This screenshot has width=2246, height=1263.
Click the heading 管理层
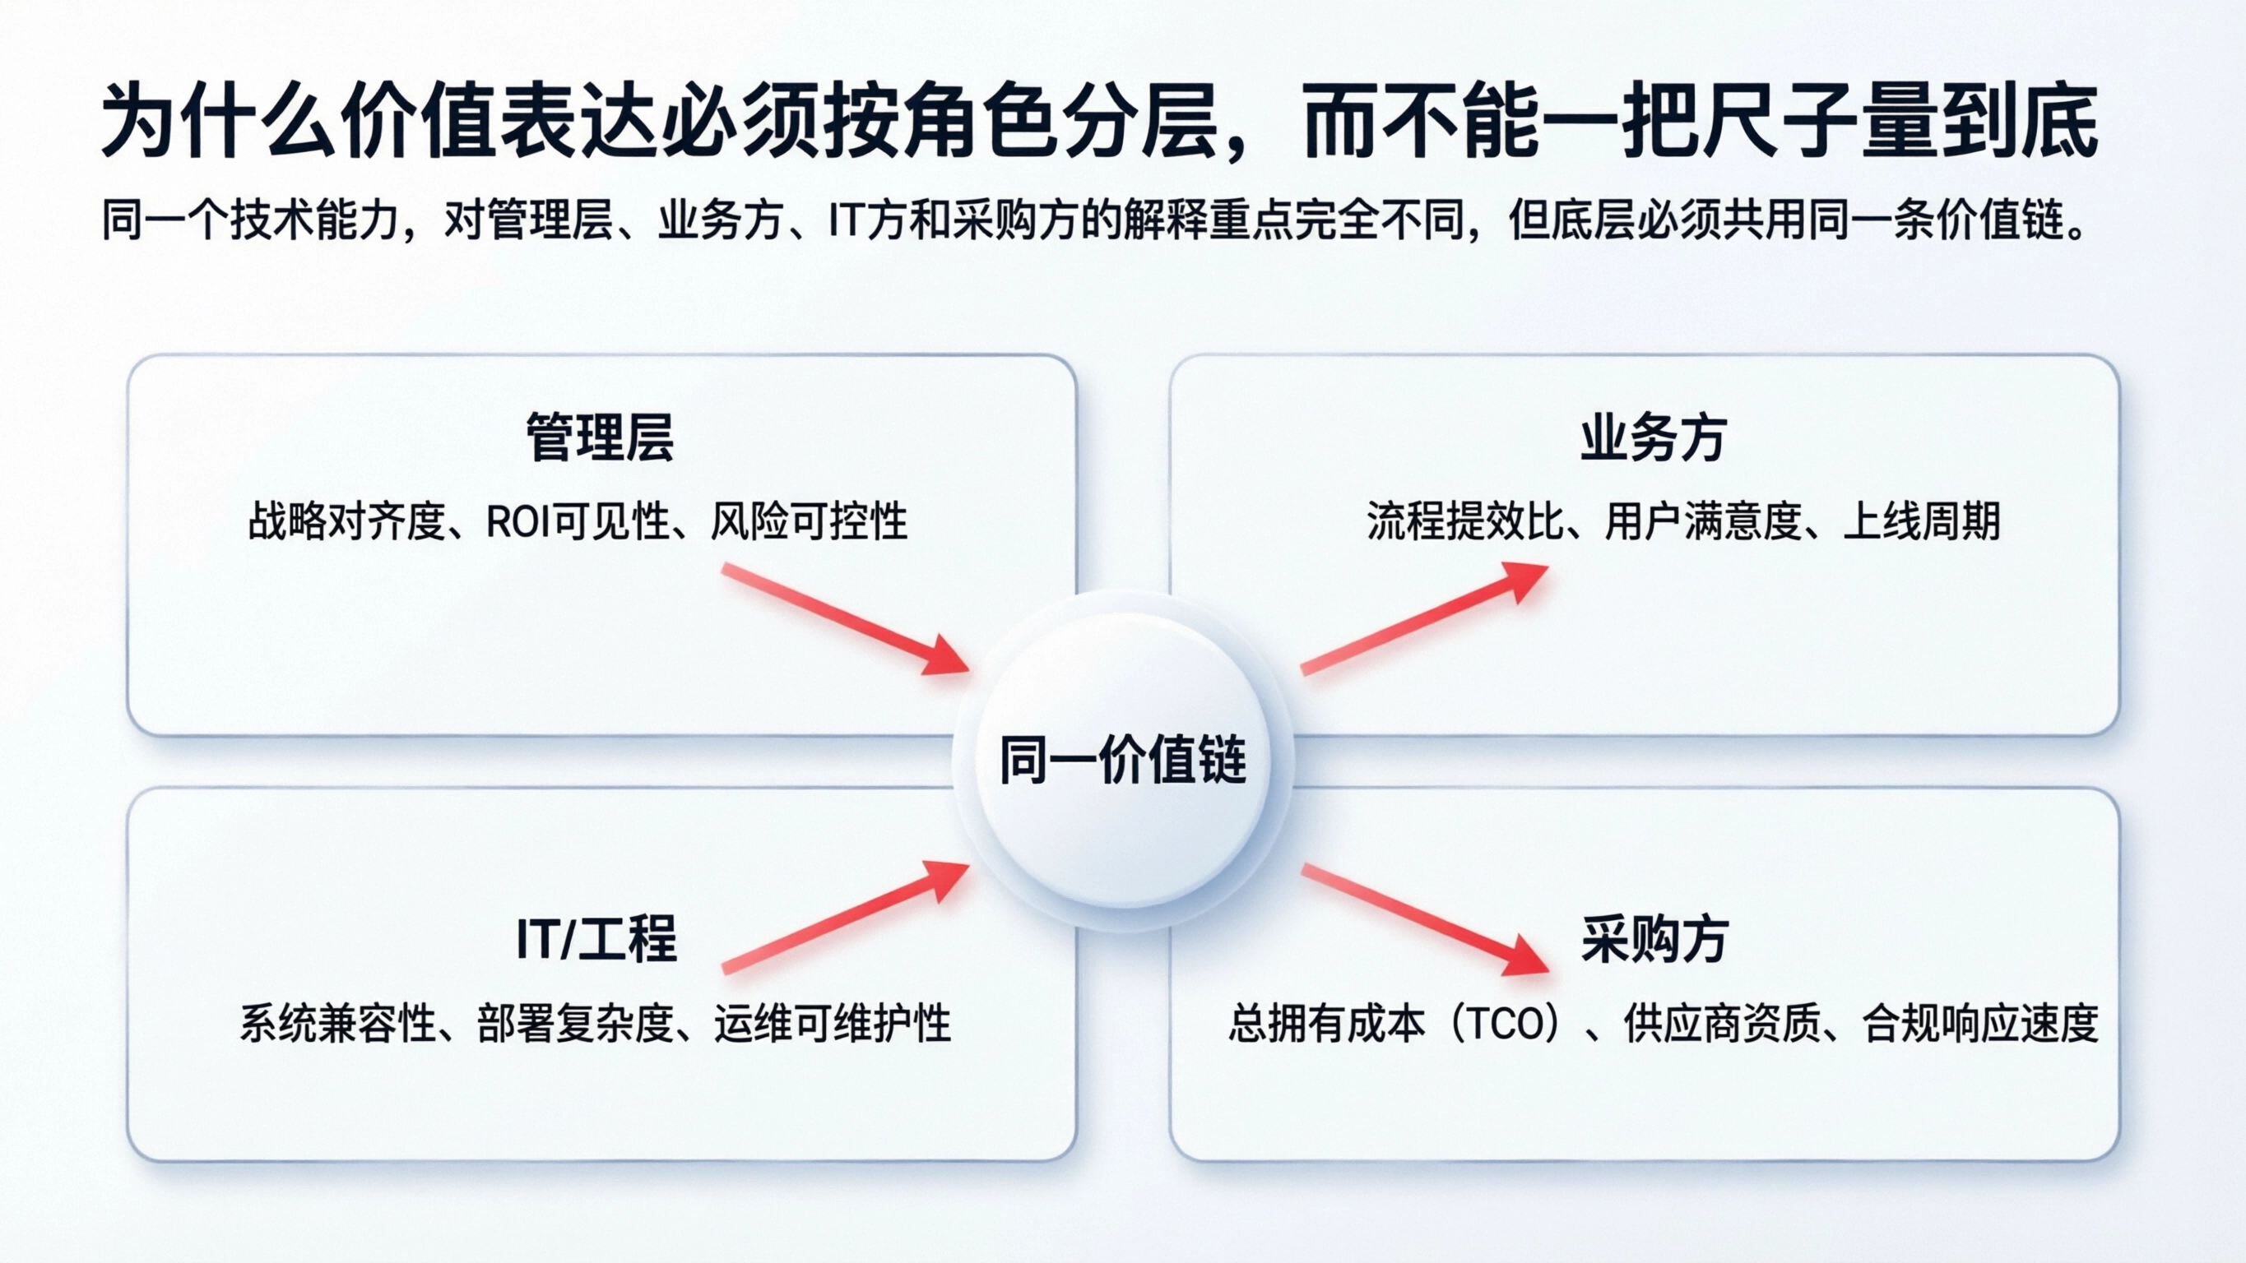[600, 438]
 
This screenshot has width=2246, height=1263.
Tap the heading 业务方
[1652, 438]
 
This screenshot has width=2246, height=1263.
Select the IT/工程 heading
[596, 939]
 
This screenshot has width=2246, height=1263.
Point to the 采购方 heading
[1654, 939]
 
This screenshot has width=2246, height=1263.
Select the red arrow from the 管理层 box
[844, 620]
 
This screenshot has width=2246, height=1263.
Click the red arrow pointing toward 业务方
[1424, 618]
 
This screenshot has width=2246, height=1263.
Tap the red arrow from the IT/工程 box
[844, 917]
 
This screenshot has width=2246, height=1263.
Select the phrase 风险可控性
[808, 522]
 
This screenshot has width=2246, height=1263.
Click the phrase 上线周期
[1921, 522]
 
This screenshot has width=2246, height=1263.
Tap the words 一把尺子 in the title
[1739, 122]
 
